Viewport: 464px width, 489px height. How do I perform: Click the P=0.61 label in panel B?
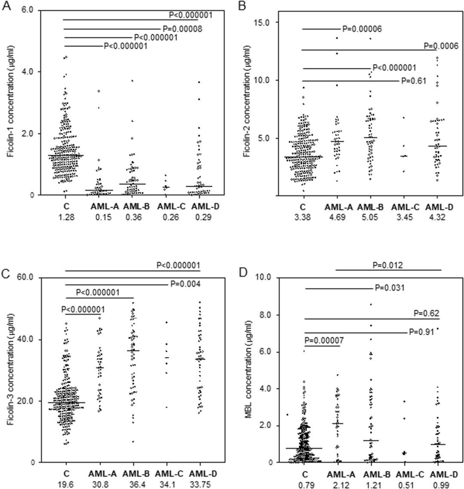point(413,81)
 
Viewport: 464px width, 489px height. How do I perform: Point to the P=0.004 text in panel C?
point(185,283)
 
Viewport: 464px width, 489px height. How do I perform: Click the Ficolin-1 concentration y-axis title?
point(8,102)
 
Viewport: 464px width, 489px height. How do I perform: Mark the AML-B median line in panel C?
point(133,351)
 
